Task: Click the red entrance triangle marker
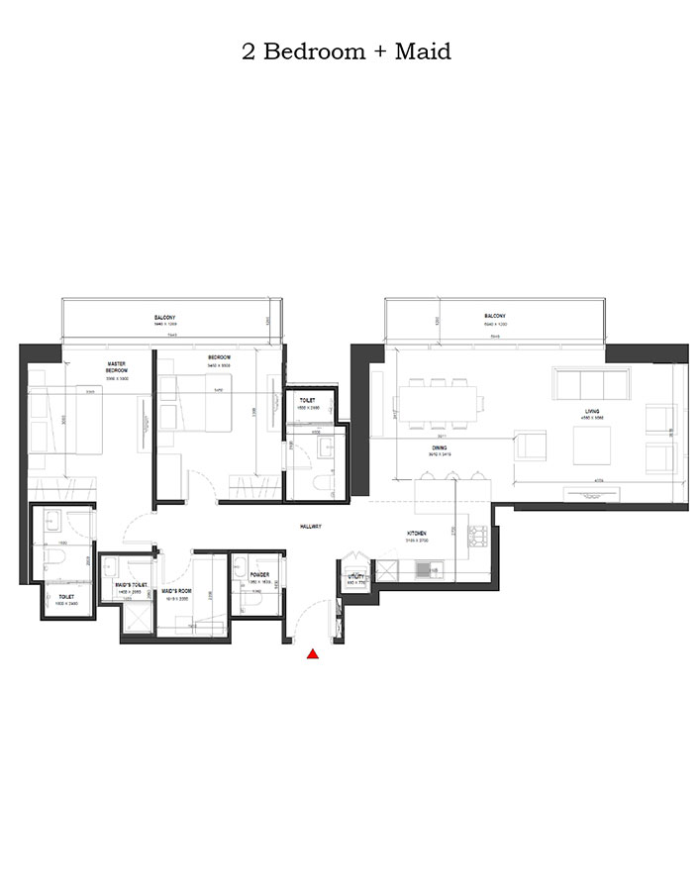(x=313, y=653)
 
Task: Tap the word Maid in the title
(x=423, y=51)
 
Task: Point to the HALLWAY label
(x=314, y=527)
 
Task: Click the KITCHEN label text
(x=416, y=534)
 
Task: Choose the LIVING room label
(x=592, y=411)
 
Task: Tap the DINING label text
(x=439, y=448)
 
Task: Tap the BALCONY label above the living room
(x=489, y=318)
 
